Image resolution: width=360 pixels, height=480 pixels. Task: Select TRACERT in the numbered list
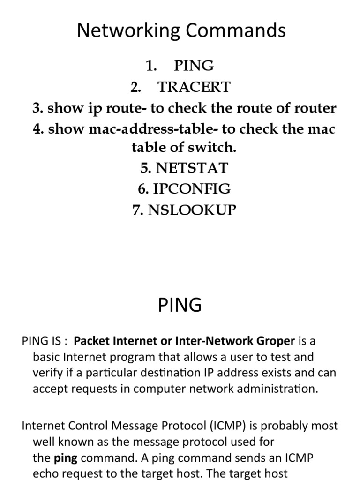click(194, 87)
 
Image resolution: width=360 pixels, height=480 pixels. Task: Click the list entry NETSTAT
click(192, 168)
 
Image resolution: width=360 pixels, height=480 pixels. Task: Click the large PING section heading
click(180, 305)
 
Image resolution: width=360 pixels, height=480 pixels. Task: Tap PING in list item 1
click(194, 66)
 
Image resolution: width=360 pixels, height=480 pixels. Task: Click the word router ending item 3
click(315, 108)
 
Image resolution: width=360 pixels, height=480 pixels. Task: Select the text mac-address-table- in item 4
click(148, 129)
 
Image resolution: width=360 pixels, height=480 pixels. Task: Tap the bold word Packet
click(90, 341)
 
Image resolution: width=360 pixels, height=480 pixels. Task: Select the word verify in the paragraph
click(46, 373)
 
